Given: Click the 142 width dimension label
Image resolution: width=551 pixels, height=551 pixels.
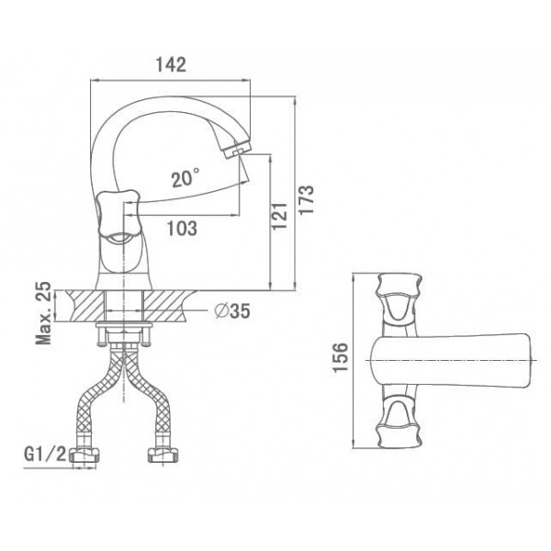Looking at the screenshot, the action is click(x=171, y=64).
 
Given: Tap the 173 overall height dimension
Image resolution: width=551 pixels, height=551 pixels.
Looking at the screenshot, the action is click(x=306, y=199).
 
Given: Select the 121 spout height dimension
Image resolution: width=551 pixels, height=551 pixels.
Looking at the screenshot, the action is click(x=280, y=216).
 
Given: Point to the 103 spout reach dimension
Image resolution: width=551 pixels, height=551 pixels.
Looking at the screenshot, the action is click(x=182, y=229).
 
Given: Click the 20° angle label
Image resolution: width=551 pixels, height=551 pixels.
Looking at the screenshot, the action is click(x=186, y=178).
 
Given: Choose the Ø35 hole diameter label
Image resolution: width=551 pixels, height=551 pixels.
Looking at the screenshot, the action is click(x=232, y=310).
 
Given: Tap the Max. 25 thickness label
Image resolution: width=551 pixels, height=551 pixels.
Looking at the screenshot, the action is click(x=43, y=313).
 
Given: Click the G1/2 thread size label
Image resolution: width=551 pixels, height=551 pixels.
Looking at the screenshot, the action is click(x=45, y=455).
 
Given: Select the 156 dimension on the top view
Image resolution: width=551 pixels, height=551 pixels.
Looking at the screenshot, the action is click(x=340, y=357).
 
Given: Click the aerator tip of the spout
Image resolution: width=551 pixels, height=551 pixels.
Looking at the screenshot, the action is click(x=237, y=150).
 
